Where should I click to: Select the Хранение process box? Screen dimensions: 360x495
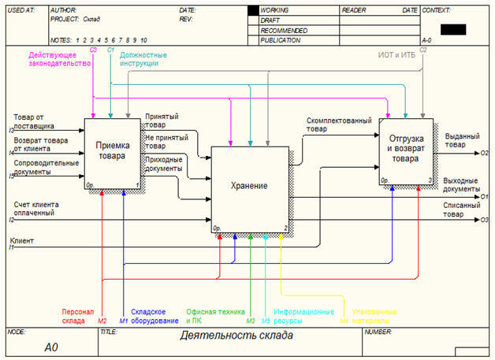pyautogui.click(x=249, y=187)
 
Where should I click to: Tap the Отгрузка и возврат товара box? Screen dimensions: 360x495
pyautogui.click(x=407, y=150)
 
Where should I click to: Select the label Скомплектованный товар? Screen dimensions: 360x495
pyautogui.click(x=338, y=124)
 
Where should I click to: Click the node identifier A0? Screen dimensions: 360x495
pyautogui.click(x=51, y=347)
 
